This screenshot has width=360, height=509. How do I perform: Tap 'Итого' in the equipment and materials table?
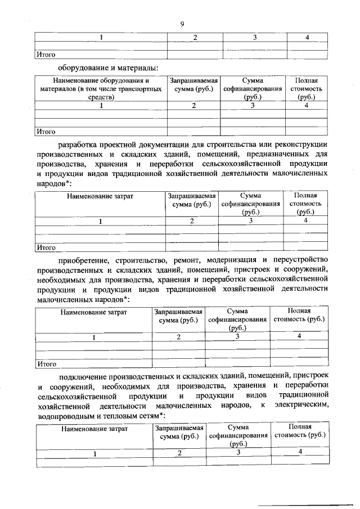46,132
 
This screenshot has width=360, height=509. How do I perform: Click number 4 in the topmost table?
307,37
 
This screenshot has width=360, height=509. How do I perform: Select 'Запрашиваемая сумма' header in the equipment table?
193,85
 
